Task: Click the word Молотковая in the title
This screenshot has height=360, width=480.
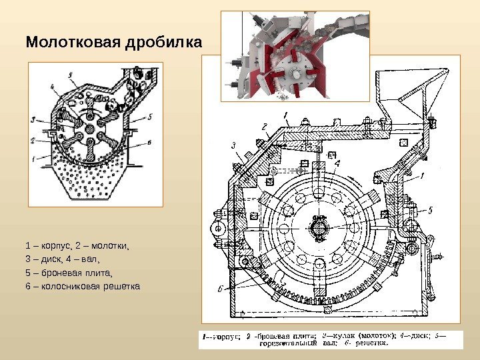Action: [x=73, y=43]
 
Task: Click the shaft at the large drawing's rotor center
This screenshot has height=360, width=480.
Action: [x=319, y=227]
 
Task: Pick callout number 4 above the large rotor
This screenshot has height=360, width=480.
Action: [x=337, y=163]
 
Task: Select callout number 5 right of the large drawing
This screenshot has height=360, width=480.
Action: [x=430, y=210]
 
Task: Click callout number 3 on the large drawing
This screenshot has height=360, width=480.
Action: [x=234, y=145]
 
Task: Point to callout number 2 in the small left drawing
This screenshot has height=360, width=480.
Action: [x=32, y=141]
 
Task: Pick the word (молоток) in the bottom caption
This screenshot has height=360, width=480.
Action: [x=377, y=337]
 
